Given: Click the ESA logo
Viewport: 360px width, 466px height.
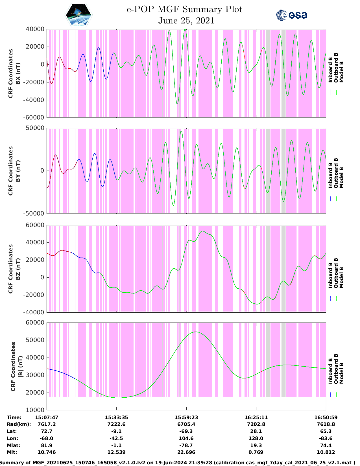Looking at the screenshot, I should (x=291, y=15).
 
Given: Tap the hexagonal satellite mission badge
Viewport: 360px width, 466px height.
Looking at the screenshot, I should (x=79, y=15).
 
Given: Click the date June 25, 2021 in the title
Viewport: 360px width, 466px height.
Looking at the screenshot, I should (x=186, y=21).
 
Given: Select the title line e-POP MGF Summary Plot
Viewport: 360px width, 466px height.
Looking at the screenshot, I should (x=184, y=9).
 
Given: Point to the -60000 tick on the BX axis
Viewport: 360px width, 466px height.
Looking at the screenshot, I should (x=35, y=117).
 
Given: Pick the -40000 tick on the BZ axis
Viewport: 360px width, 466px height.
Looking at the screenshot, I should (x=35, y=312).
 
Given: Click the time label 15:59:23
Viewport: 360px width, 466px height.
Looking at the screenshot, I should (x=186, y=417).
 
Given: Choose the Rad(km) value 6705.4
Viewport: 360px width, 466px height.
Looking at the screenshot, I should (x=186, y=424).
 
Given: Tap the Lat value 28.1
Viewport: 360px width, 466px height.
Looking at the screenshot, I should (x=256, y=431).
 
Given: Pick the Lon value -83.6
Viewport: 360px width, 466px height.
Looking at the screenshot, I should (x=326, y=438).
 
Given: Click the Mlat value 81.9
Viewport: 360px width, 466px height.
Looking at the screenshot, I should (x=47, y=445).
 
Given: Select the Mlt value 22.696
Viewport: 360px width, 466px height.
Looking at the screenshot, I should (x=186, y=452).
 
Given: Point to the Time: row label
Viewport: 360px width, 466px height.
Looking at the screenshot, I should (x=14, y=417).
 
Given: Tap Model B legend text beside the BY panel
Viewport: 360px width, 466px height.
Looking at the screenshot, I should (x=341, y=177).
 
